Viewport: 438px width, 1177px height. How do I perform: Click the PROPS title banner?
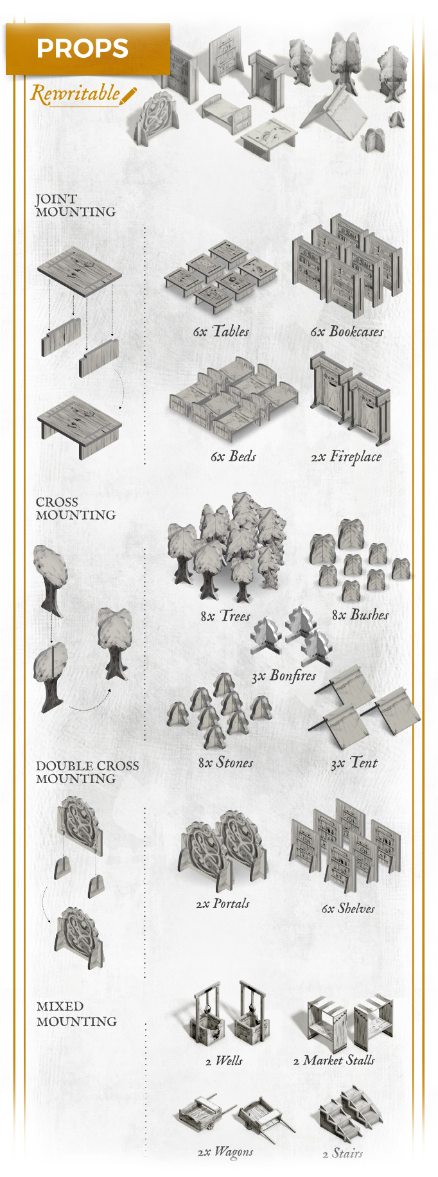click(x=88, y=49)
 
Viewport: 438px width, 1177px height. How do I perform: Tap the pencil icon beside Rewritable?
click(x=128, y=96)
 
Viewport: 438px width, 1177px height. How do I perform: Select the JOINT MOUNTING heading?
click(x=75, y=206)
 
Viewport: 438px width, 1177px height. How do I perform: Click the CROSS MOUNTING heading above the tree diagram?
click(x=75, y=508)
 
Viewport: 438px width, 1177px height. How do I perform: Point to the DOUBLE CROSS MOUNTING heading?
click(x=87, y=772)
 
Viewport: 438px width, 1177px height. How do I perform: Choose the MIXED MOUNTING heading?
click(x=76, y=1014)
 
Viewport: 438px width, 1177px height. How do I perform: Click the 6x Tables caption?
click(x=221, y=332)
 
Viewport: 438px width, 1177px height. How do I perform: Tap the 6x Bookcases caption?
click(x=347, y=332)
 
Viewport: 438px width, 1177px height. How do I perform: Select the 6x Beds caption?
click(x=233, y=457)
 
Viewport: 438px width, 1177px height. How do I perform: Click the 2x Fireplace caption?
click(x=346, y=457)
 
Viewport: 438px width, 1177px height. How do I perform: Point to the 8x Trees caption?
click(x=225, y=615)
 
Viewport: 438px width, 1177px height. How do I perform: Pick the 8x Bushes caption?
click(x=360, y=615)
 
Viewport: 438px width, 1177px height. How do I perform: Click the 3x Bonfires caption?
click(x=284, y=676)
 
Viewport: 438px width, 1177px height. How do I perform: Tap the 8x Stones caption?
click(x=225, y=763)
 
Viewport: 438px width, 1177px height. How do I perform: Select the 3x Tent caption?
click(x=354, y=763)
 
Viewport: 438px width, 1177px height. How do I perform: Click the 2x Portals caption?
click(x=223, y=904)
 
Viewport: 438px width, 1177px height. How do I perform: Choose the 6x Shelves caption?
click(x=348, y=908)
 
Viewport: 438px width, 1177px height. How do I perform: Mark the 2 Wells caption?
click(x=223, y=1061)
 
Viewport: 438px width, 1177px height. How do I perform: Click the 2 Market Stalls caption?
click(x=334, y=1061)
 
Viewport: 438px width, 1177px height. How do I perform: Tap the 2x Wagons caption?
click(x=225, y=1152)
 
